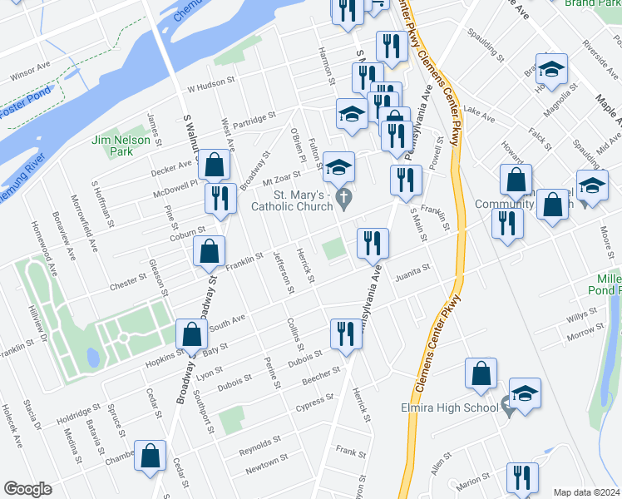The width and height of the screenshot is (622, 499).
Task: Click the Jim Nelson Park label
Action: click(122, 146)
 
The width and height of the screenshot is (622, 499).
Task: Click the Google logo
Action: click(27, 489)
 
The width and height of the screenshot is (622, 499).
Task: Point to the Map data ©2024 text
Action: click(586, 492)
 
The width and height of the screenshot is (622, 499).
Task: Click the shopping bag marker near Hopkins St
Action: click(192, 333)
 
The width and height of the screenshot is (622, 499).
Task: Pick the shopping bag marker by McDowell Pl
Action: click(215, 165)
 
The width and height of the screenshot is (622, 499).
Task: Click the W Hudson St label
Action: click(212, 86)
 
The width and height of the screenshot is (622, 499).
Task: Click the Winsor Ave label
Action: click(31, 76)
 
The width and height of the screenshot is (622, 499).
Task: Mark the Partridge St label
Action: click(254, 120)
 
